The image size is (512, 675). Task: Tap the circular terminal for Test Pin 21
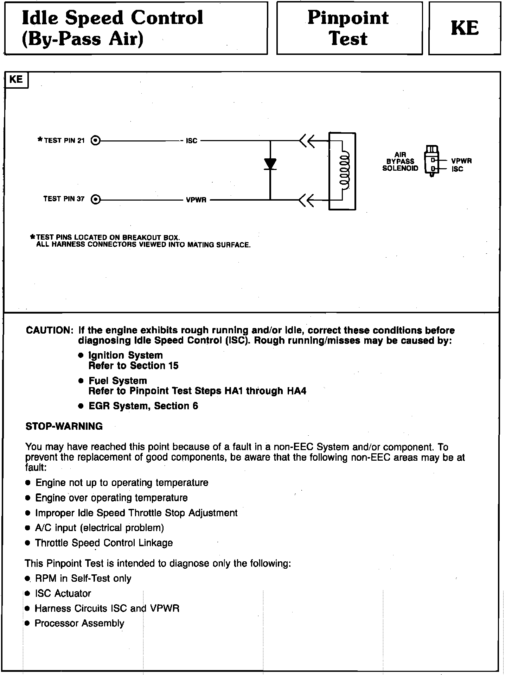pos(95,141)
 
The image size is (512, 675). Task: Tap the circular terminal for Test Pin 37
pos(95,200)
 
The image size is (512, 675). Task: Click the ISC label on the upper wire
pos(191,141)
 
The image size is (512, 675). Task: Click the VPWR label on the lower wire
pos(196,200)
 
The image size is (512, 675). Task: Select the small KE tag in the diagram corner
pos(16,80)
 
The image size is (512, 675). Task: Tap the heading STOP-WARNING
pos(64,427)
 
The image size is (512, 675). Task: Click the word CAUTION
pos(49,330)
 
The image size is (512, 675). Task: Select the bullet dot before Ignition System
pos(81,355)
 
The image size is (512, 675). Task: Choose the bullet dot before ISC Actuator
pos(28,594)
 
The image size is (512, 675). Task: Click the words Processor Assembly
pos(79,624)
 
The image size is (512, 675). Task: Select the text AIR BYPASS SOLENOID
pos(400,161)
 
